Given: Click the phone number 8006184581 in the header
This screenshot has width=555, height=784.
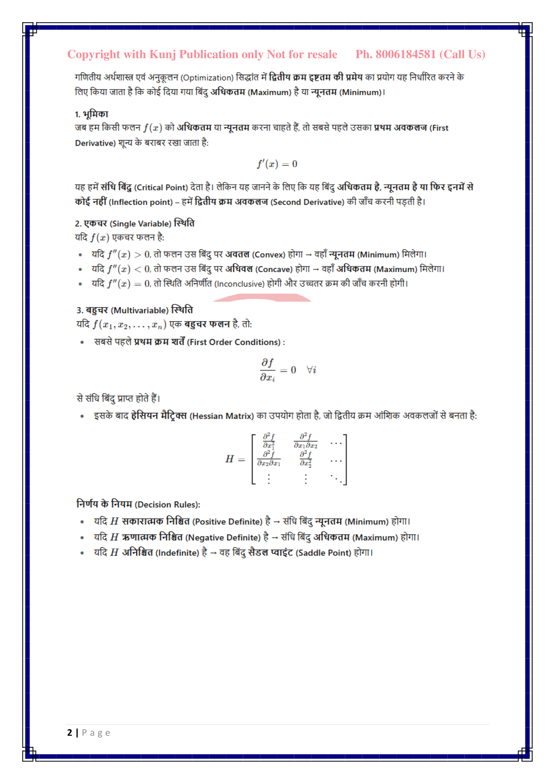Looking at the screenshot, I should coord(406,55).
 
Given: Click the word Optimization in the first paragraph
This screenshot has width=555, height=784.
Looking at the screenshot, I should coord(207,78).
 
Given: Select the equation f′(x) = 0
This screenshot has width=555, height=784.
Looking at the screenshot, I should coord(277,164).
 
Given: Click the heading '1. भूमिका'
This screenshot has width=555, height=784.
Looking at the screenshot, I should coord(92,114).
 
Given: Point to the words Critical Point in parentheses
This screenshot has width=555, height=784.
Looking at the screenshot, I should coord(161,187).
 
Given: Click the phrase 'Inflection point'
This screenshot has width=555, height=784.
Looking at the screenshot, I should coord(141,202).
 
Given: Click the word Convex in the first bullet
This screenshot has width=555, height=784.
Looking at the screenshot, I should coord(269,255).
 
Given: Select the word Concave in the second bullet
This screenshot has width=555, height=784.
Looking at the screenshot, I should coord(274,269).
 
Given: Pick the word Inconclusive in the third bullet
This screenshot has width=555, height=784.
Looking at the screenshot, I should coord(239,284).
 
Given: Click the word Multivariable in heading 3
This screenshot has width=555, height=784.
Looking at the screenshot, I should coord(140,310).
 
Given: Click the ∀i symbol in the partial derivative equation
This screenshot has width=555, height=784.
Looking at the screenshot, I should coord(311,370).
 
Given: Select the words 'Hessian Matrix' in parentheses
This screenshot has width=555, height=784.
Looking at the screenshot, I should coord(221,416).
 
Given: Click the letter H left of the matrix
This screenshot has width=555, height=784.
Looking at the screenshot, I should coord(229,459).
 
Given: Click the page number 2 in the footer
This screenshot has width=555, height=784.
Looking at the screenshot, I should coord(70,733).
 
